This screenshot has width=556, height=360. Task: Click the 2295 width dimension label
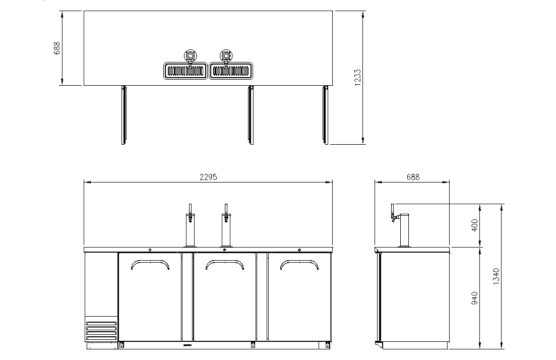[x=208, y=176]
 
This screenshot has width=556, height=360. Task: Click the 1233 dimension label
[x=357, y=77]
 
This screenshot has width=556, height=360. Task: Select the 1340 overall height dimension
[x=496, y=276]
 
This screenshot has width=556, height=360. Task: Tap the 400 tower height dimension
[x=475, y=225]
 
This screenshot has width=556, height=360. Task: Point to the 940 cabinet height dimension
[x=475, y=298]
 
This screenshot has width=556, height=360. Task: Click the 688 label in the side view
[x=413, y=176]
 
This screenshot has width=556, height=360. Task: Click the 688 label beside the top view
[x=57, y=48]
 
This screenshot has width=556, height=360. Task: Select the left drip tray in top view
[x=186, y=71]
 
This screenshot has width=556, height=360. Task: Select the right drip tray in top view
[x=231, y=71]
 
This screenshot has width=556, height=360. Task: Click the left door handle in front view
[x=150, y=261]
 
